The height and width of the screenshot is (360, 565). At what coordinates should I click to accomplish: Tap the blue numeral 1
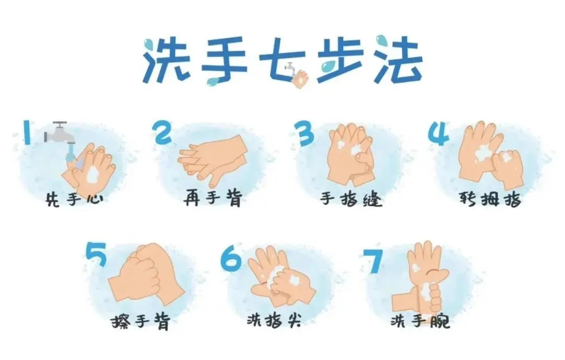[27, 132]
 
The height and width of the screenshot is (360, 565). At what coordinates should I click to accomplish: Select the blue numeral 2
[163, 132]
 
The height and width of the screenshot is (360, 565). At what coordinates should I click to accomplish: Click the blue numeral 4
[438, 133]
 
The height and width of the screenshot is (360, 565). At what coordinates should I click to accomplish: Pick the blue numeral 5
[96, 254]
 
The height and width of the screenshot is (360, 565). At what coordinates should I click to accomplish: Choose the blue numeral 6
[231, 260]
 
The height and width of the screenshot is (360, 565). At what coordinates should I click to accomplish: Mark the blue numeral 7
[372, 261]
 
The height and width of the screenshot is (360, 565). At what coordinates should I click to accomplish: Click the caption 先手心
[75, 198]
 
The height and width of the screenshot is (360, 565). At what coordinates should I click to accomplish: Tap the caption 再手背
[212, 198]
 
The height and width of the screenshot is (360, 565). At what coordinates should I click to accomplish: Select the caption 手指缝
[351, 198]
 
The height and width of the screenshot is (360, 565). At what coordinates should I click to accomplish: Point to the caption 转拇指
[490, 198]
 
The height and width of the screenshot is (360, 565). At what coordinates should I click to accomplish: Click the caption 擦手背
[141, 321]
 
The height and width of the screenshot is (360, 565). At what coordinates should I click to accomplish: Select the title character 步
[340, 60]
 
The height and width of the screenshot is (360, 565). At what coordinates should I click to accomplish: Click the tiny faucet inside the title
[290, 67]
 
